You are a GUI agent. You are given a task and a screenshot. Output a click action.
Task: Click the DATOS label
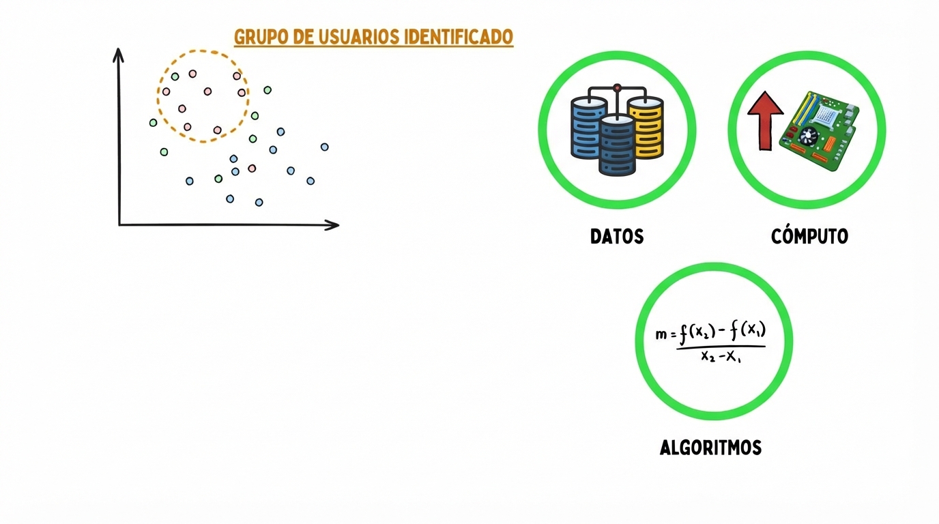pyautogui.click(x=617, y=237)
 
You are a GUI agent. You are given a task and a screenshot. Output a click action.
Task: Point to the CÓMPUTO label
pyautogui.click(x=809, y=237)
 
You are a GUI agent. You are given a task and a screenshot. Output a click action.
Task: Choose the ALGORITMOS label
pyautogui.click(x=710, y=448)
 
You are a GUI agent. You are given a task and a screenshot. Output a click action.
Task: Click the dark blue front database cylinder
pyautogui.click(x=617, y=146)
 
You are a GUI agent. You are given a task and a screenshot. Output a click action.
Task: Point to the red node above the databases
pyautogui.click(x=618, y=87)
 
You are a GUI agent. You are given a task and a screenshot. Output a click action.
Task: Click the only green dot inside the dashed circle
pyautogui.click(x=175, y=76)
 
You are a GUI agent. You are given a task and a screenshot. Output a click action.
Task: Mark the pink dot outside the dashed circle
pyautogui.click(x=252, y=168)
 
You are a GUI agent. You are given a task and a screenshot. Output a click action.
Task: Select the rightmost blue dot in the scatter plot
pyautogui.click(x=325, y=147)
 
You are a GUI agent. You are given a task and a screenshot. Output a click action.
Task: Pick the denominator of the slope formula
pyautogui.click(x=721, y=356)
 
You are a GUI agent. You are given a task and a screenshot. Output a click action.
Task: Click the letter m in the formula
pyautogui.click(x=661, y=335)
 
